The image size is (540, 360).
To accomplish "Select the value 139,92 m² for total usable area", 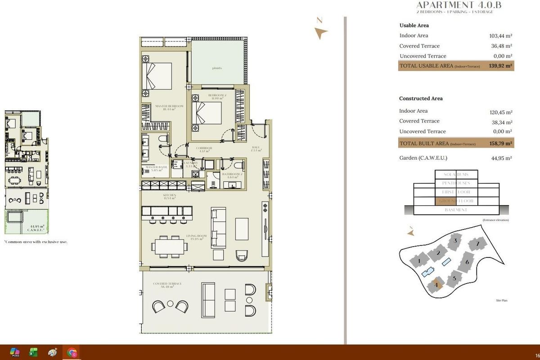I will tap(501, 66).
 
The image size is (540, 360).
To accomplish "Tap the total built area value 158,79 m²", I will tap(501, 144).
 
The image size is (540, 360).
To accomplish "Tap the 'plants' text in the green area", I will tap(217, 68).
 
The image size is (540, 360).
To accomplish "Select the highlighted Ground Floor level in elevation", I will tap(456, 201).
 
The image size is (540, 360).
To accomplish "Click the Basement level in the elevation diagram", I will tap(456, 210).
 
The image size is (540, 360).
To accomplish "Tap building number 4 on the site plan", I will tap(436, 285).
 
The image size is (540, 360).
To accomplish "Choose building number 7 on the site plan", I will tap(477, 244).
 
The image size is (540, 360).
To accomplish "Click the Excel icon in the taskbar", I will tap(33, 352).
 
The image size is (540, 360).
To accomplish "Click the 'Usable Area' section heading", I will tap(414, 26).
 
